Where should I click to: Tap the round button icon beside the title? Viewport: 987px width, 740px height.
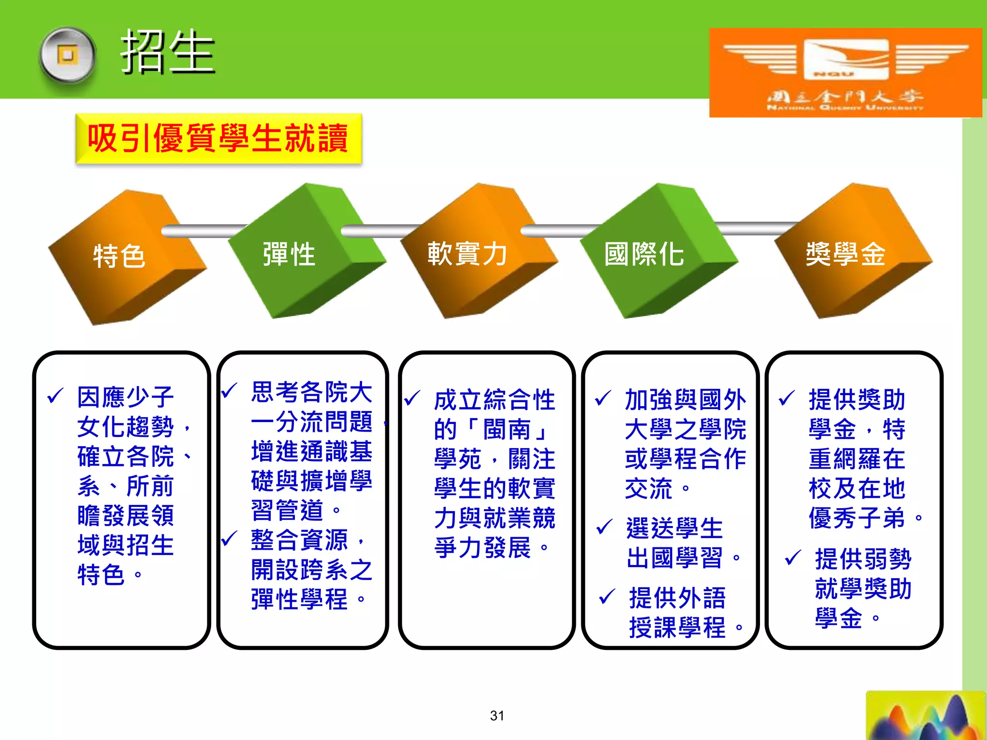click(67, 55)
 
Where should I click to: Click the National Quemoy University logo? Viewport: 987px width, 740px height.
click(845, 72)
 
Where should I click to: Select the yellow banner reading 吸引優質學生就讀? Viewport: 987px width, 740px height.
click(218, 138)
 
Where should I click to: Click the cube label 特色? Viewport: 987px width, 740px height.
click(119, 255)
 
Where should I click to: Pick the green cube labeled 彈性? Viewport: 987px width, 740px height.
click(289, 254)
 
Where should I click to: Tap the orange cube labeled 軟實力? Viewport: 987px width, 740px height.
click(467, 254)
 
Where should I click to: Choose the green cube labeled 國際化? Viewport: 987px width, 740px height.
click(644, 254)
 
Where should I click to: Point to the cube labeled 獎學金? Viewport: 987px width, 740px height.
click(845, 254)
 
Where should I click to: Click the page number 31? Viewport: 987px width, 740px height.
click(497, 715)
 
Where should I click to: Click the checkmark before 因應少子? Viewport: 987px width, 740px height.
click(55, 396)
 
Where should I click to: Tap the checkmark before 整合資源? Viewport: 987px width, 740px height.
click(229, 538)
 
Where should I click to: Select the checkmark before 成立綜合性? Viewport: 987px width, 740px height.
click(413, 398)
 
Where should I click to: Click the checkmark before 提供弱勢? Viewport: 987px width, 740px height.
click(793, 558)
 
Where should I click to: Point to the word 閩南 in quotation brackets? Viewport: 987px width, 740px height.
click(507, 429)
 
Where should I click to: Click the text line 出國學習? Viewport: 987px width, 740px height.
click(674, 558)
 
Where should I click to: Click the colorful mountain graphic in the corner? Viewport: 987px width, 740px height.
click(925, 717)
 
